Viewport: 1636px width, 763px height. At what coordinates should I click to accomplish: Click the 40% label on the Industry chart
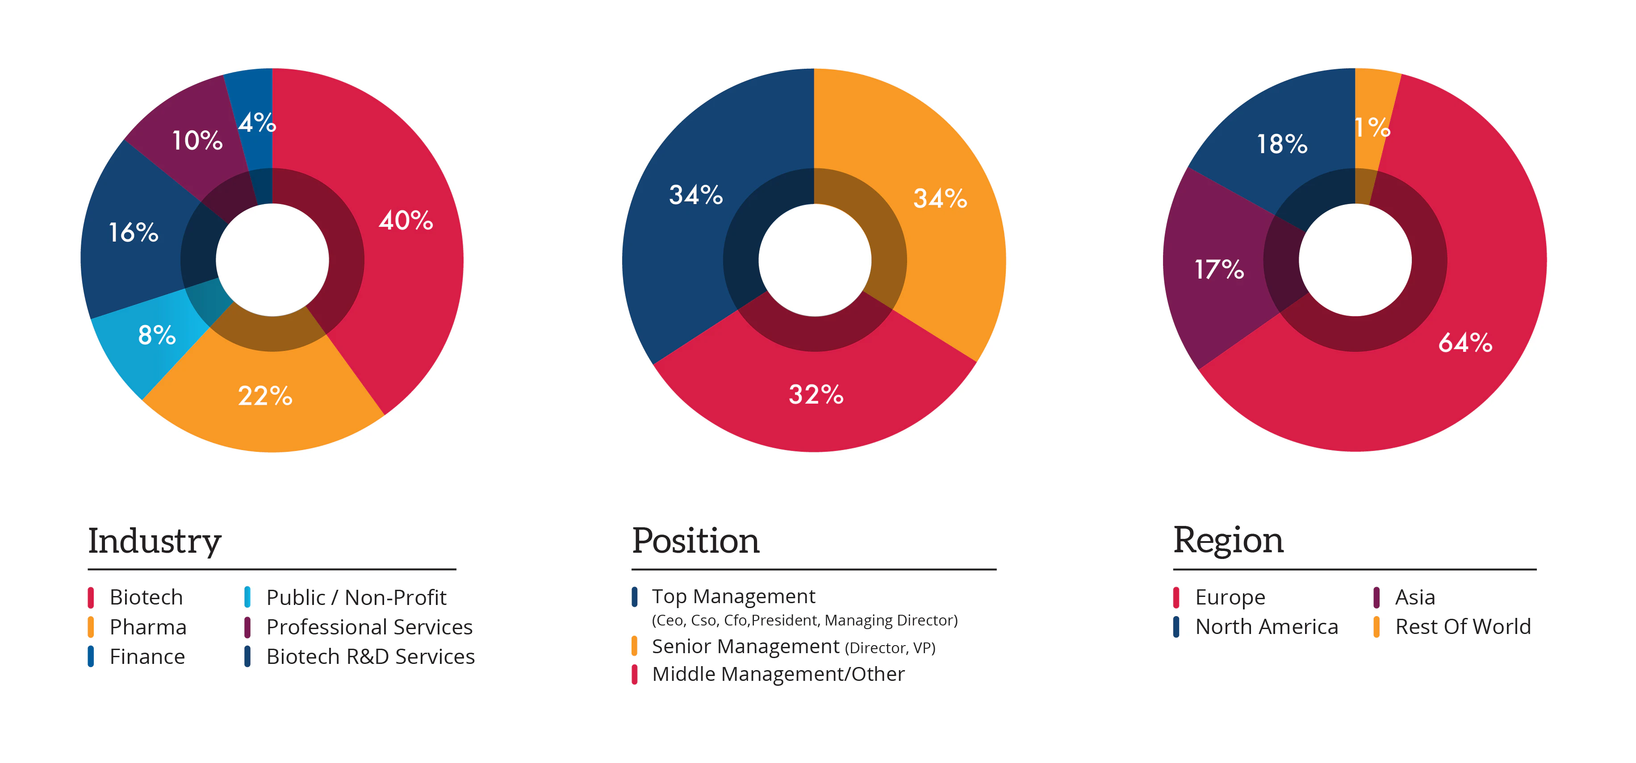pos(406,220)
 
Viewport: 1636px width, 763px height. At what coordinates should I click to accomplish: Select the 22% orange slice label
pos(265,396)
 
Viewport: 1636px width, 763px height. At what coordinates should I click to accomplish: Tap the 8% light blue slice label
pos(156,334)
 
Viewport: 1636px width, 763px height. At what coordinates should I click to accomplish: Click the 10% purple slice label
pos(197,140)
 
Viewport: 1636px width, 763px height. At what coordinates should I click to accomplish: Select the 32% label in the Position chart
pos(816,394)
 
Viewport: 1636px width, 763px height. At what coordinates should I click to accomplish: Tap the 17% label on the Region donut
pos(1219,269)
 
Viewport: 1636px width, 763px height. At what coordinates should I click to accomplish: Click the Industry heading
pos(155,542)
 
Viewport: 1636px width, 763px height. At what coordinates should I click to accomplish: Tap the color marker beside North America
pos(1176,626)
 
